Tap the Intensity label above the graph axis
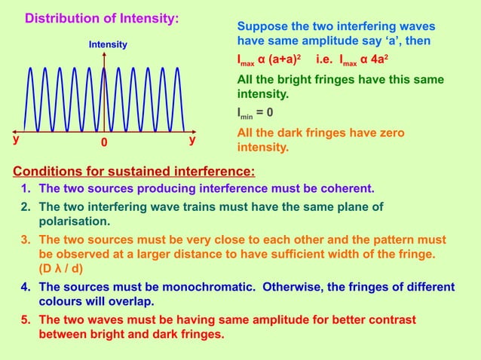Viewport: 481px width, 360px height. (108, 46)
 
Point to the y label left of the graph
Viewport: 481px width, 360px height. (15, 140)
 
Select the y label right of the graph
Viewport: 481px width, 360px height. (192, 140)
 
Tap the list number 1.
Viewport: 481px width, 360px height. (25, 188)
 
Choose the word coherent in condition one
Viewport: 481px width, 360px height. (345, 188)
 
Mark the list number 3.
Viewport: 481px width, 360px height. (25, 240)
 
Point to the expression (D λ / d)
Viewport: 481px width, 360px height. (66, 268)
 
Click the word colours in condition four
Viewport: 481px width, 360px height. (62, 301)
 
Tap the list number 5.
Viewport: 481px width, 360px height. (25, 320)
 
